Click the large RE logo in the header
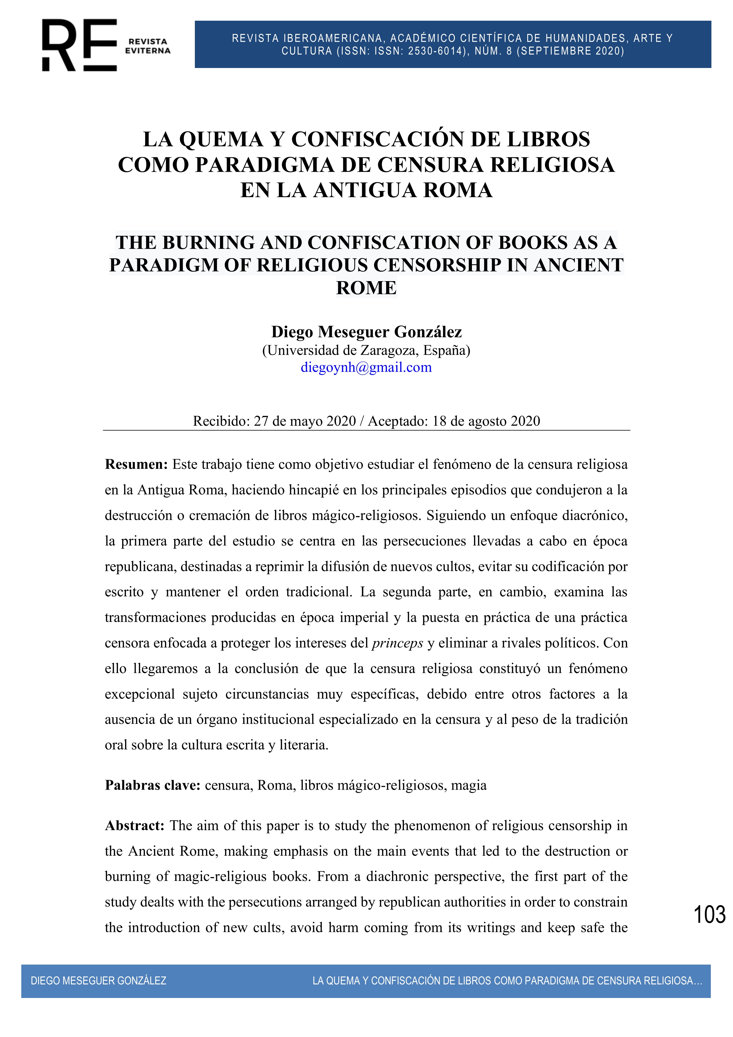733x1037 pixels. coord(80,45)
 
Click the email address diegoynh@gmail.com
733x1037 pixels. coord(366,367)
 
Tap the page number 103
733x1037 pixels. coord(709,915)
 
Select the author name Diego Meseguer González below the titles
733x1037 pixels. coord(366,332)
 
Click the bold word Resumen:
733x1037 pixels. coord(136,464)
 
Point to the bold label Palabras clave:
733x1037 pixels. coord(153,785)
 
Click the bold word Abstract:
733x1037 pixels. coord(135,826)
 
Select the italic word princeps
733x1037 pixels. coord(397,643)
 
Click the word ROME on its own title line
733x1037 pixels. coord(366,288)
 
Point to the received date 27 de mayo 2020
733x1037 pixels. coord(305,421)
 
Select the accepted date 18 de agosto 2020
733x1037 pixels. coord(486,421)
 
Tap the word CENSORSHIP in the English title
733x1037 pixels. coord(437,265)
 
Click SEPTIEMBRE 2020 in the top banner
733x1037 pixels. coord(570,51)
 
